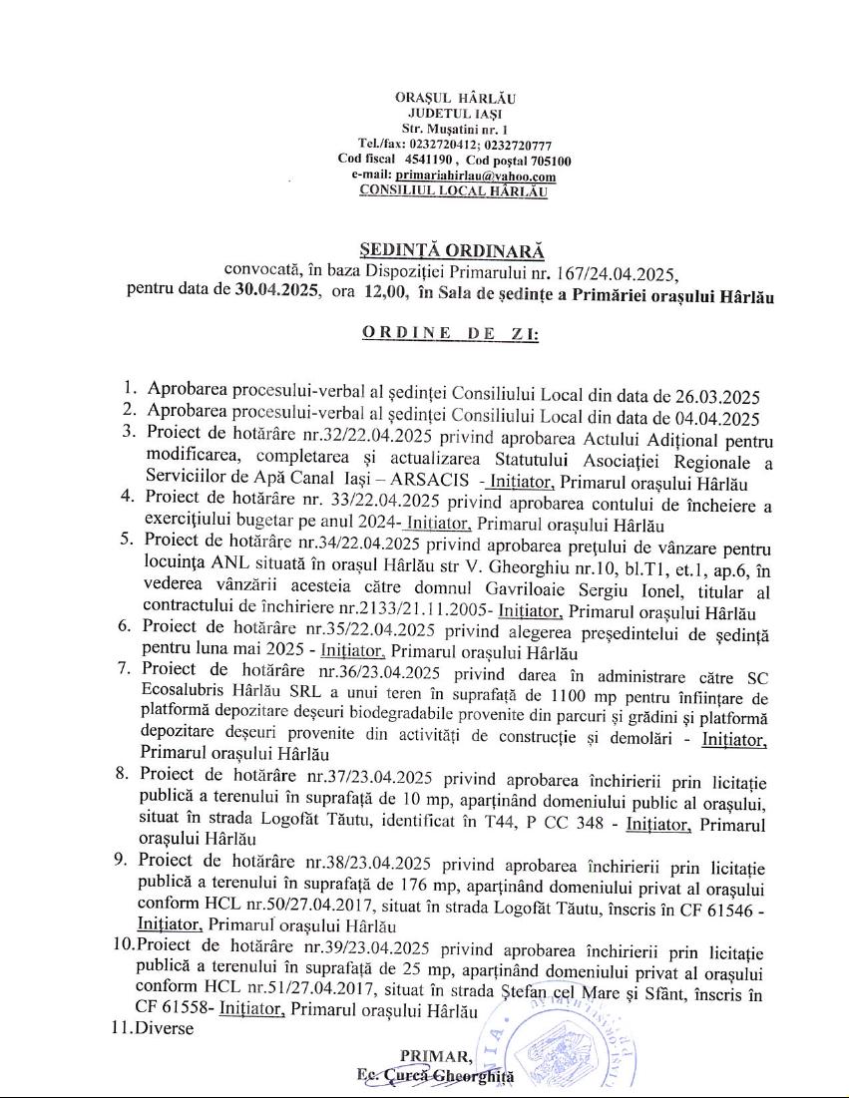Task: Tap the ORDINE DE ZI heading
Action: (451, 334)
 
